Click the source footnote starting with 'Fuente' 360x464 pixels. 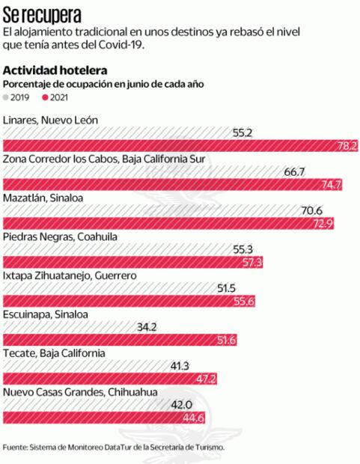click(x=123, y=447)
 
